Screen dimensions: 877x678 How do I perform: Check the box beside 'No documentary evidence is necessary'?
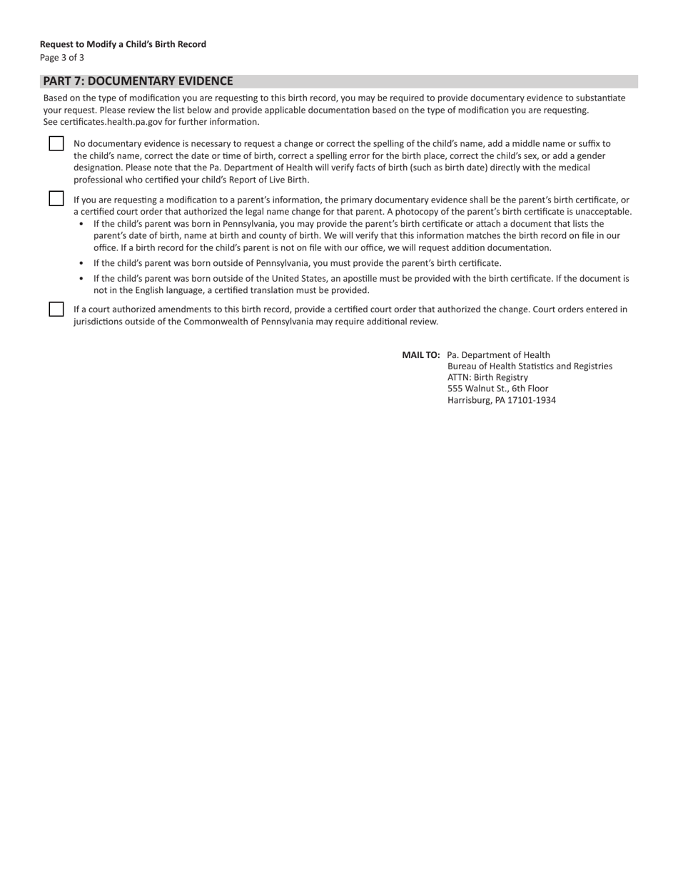click(56, 143)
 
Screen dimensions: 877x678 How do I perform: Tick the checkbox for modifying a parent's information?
click(56, 198)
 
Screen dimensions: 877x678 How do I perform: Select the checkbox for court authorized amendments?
click(56, 309)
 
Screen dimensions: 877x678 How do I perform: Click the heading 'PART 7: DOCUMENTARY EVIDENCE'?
click(138, 81)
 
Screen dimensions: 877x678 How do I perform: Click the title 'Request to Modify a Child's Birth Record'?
click(123, 44)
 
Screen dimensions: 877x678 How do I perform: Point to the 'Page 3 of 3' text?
click(62, 58)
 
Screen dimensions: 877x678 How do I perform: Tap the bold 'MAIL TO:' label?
click(421, 354)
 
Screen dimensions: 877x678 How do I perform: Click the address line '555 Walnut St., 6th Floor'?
click(497, 389)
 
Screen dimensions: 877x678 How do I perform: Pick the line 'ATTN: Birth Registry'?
click(487, 377)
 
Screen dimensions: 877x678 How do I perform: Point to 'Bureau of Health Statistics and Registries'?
click(530, 366)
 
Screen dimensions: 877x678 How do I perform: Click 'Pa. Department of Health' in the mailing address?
click(498, 354)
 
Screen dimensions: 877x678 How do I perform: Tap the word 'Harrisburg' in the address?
click(469, 400)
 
